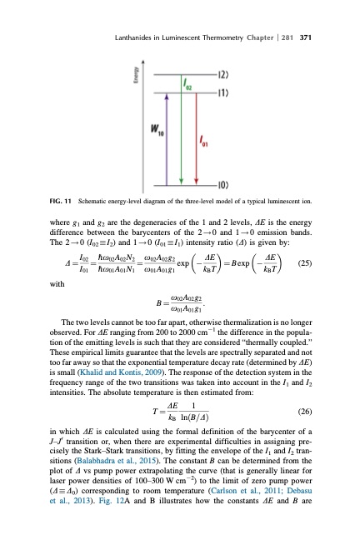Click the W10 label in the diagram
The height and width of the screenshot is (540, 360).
(x=155, y=129)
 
